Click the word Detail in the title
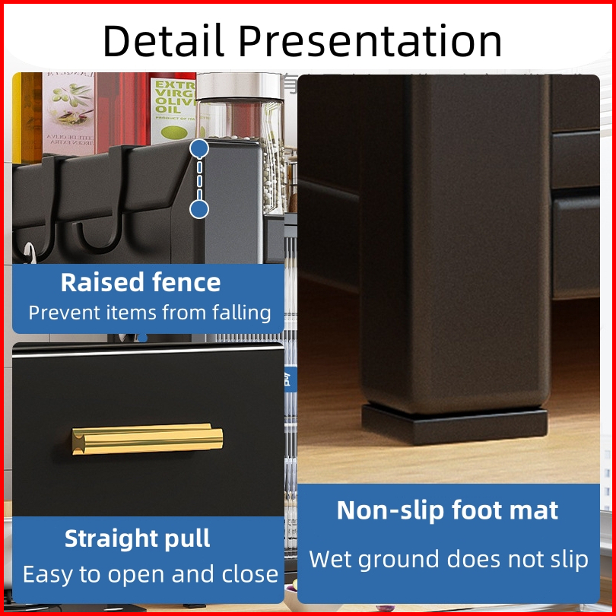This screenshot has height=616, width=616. point(163,40)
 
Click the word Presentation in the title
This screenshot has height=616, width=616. point(370,40)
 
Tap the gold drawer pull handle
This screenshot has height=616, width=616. point(148,439)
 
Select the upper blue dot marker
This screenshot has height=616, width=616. point(199,148)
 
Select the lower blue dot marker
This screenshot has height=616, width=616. point(199,209)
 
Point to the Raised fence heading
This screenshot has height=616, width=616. point(141,282)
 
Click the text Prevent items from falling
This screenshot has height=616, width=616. point(150,313)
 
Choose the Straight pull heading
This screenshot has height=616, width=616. point(138,538)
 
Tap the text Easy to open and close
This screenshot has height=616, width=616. point(151,574)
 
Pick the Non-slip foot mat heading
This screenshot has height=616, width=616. point(447,511)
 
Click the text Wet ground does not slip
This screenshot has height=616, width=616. point(449,560)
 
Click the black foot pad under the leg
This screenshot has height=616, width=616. point(455,425)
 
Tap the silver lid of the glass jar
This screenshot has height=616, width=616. point(240,86)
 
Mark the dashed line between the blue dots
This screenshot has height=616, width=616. point(199,179)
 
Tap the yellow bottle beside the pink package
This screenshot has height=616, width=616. point(27,117)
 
